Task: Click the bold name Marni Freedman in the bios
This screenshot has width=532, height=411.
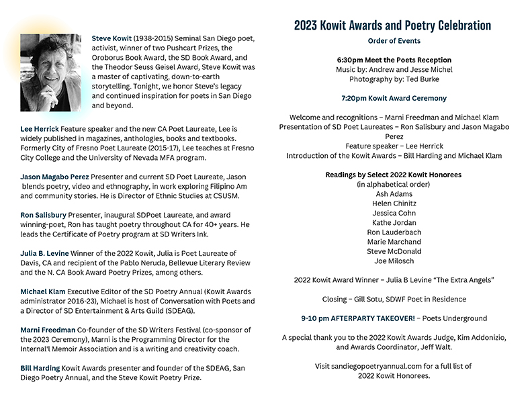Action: (48, 330)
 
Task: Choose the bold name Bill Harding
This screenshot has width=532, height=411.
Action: (40, 368)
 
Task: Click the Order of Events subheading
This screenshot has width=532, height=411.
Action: (393, 41)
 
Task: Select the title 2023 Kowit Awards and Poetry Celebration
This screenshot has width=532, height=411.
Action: (393, 26)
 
